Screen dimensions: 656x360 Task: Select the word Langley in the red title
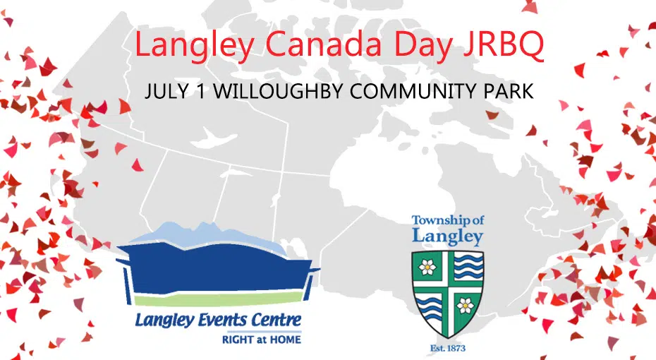pyautogui.click(x=194, y=47)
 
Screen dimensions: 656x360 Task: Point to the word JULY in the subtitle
pyautogui.click(x=166, y=92)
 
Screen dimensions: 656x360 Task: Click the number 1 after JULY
pyautogui.click(x=201, y=92)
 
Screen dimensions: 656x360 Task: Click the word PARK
pyautogui.click(x=509, y=92)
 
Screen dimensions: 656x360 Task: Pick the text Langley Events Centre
pyautogui.click(x=218, y=320)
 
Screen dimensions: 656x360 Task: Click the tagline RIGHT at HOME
pyautogui.click(x=261, y=339)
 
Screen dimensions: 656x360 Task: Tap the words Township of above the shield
pyautogui.click(x=448, y=220)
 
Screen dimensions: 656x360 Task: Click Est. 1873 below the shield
pyautogui.click(x=448, y=348)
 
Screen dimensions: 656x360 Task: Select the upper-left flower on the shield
pyautogui.click(x=428, y=268)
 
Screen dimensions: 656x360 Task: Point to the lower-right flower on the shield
pyautogui.click(x=465, y=306)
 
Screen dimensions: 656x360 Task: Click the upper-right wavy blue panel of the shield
pyautogui.click(x=468, y=267)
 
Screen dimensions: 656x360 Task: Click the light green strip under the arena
pyautogui.click(x=217, y=300)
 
